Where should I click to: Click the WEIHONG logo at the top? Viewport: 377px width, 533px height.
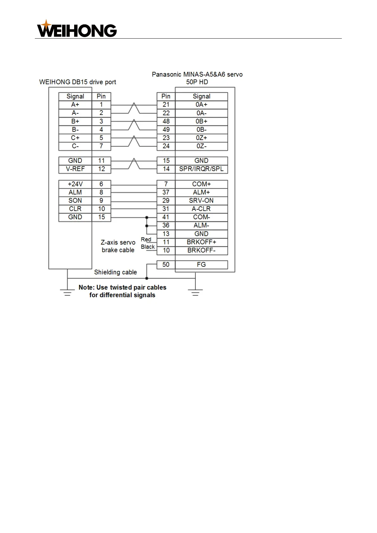tap(77, 29)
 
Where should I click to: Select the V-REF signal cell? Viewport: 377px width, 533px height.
tap(75, 169)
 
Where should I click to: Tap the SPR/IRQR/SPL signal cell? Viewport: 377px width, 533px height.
tap(201, 169)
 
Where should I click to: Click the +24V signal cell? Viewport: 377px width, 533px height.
tap(75, 184)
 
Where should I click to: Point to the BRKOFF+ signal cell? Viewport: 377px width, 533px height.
tap(201, 242)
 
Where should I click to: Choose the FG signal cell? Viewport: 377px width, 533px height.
tap(201, 265)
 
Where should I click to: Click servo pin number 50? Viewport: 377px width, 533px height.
tap(166, 265)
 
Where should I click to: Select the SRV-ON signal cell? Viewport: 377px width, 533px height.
tap(201, 201)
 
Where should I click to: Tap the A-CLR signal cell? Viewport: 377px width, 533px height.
tap(201, 209)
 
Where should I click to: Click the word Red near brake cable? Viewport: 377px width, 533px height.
tap(146, 240)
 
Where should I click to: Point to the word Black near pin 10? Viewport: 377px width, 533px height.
tap(148, 247)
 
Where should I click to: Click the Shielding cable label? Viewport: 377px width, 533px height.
tap(115, 272)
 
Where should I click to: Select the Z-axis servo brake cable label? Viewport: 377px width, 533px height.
tap(118, 246)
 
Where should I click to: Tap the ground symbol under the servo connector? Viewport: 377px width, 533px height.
tap(195, 292)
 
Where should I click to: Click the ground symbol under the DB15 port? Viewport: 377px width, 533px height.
tap(67, 292)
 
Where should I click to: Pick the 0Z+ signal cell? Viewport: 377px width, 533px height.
tap(201, 138)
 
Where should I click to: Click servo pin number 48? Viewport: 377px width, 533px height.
tap(166, 122)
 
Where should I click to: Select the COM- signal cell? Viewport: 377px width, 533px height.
tap(201, 217)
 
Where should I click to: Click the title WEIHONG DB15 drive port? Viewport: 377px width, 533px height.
tap(78, 82)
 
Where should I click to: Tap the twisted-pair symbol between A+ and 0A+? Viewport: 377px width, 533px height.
tap(134, 108)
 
